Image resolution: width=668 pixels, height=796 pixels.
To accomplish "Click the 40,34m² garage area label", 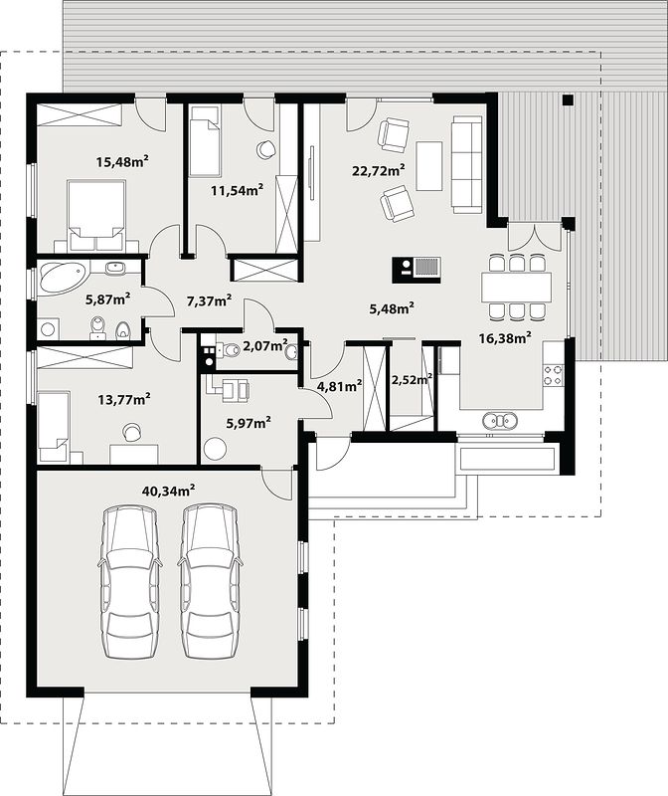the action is point(170,491).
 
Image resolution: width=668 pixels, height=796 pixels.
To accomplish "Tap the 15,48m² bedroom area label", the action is point(122,161).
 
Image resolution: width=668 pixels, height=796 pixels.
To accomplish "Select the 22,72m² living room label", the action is point(379,170).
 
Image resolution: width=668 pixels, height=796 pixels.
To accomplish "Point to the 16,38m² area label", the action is point(505,337).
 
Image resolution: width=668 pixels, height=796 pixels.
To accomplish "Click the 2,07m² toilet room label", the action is point(265,345).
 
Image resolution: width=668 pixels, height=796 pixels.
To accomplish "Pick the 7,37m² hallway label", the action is point(209,301).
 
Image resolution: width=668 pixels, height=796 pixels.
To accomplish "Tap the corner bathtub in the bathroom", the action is point(63,278).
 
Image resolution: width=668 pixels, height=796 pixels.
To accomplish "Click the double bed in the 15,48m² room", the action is point(96,215).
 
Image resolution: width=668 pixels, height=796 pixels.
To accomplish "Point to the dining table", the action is point(516,287).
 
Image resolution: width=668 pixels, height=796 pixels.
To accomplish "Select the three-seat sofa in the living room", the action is point(466,164).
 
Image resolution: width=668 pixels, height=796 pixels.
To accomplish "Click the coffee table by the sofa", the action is point(429,166).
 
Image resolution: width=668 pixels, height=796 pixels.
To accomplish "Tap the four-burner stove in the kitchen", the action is point(554,375).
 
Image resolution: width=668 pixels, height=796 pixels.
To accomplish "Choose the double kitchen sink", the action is point(500,420).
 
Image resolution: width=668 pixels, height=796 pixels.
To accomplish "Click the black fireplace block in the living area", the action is point(417,270).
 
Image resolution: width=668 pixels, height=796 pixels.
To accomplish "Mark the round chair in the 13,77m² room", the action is point(132,432).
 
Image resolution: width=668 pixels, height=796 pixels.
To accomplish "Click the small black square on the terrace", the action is point(568,100).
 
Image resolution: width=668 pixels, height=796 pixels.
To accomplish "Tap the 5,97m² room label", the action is point(249,422).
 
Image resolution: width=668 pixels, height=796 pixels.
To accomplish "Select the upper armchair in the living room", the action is point(394,134).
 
